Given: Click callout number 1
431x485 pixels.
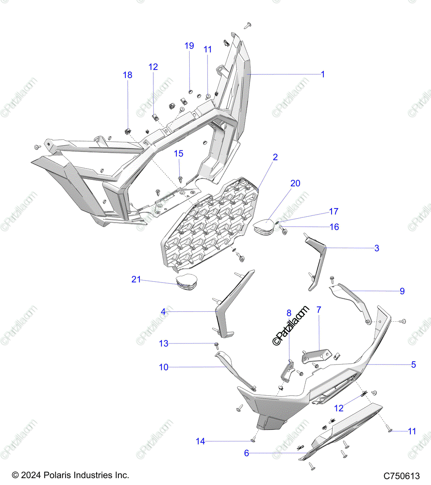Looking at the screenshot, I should pos(323,74).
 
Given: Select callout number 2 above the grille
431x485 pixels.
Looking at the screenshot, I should pos(275,157).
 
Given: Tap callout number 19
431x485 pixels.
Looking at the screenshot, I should pos(189,46).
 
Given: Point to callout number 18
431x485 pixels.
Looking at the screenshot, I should pos(127,75).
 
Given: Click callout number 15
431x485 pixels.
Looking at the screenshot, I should pos(178,154).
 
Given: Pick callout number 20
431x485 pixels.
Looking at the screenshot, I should pos(296,183).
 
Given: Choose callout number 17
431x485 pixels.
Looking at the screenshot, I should pos(334,211).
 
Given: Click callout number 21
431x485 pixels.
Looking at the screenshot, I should pos(136,279).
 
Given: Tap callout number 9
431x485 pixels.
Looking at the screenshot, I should pos(402,291).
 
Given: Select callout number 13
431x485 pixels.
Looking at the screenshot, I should pos(164,344).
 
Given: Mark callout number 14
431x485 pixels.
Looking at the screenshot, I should pos(201,441).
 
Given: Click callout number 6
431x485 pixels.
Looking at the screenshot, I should pos(247,453).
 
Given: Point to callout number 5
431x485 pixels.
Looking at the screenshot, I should pos(413,365).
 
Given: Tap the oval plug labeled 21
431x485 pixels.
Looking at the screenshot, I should pos(187,282).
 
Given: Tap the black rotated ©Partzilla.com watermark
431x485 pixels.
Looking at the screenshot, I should pos(292,326).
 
